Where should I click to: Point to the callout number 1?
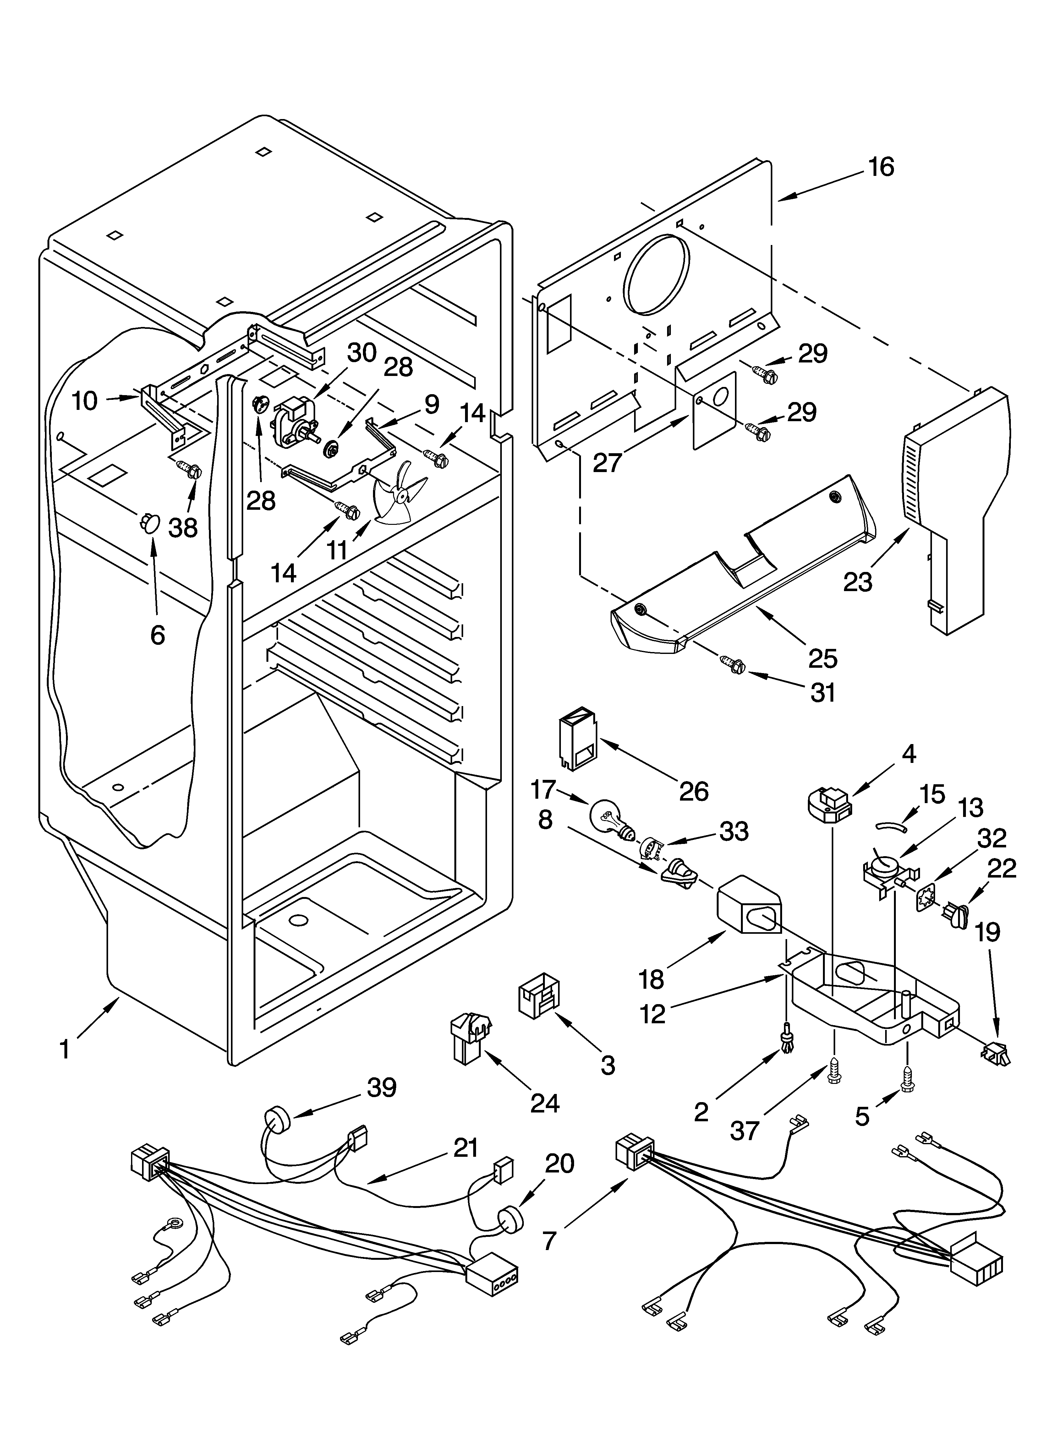coord(65,1050)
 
